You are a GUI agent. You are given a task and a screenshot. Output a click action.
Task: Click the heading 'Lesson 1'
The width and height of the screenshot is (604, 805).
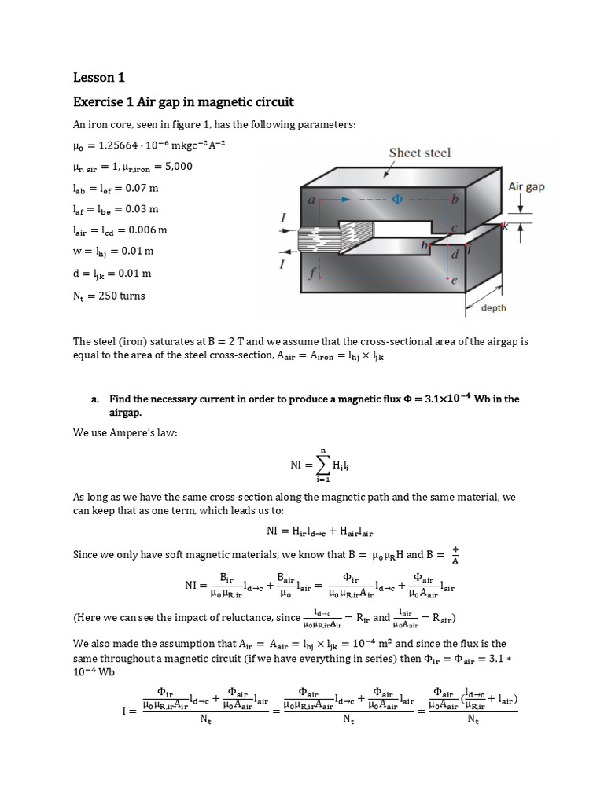pos(99,77)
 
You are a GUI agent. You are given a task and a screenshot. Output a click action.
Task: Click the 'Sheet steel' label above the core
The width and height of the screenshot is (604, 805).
pos(420,153)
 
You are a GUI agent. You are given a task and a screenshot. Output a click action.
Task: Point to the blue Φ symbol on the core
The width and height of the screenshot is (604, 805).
pos(396,200)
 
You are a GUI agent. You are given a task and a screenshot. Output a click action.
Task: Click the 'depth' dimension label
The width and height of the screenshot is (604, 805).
pos(499,308)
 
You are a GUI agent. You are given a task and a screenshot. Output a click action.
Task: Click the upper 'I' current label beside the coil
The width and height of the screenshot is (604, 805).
pos(282,218)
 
